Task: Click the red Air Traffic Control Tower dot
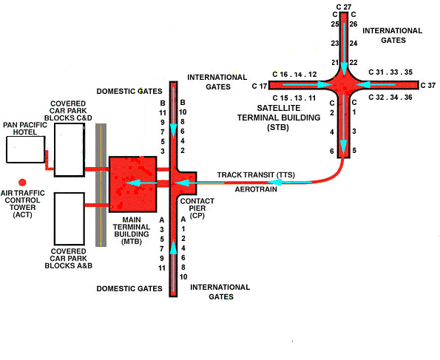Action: point(22,182)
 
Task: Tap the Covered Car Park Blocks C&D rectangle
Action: point(69,149)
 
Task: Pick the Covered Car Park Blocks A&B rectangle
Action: point(69,218)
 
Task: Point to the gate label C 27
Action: point(343,6)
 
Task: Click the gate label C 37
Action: point(427,86)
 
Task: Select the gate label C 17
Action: point(260,86)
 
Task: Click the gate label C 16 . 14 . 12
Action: point(294,74)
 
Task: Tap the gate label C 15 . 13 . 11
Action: point(294,98)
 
